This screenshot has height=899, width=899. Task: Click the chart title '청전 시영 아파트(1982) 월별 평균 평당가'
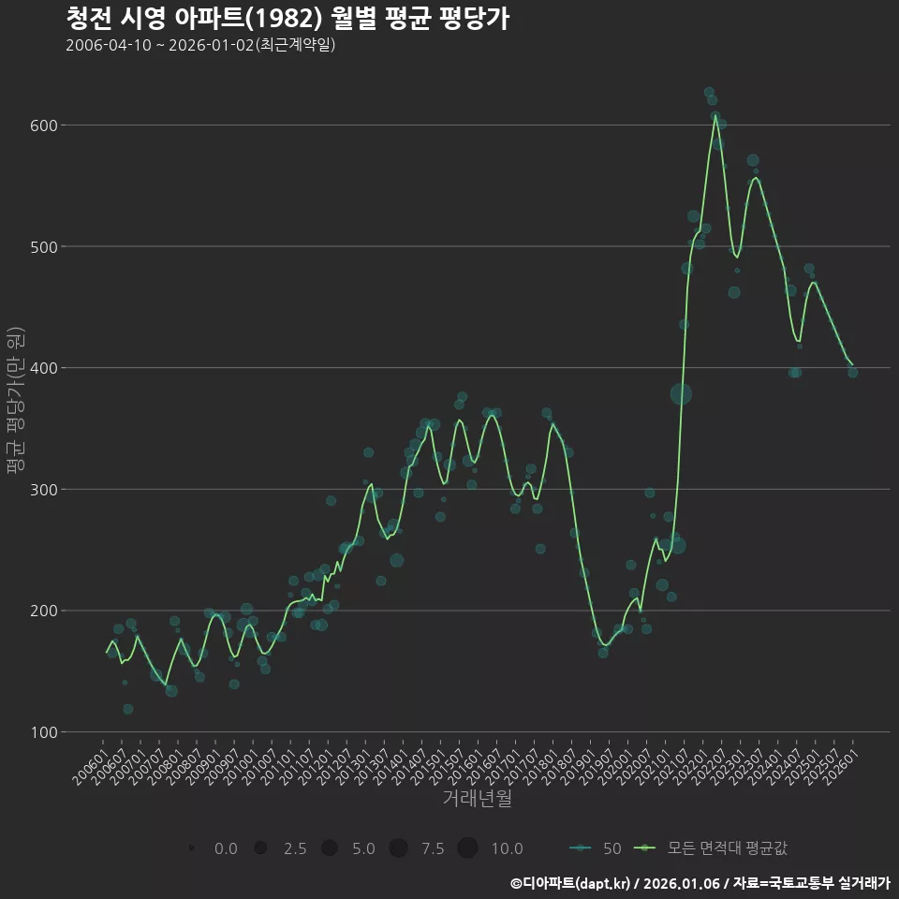pos(287,19)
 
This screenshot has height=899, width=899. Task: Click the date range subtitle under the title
pos(200,46)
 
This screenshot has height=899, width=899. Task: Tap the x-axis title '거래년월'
pos(477,799)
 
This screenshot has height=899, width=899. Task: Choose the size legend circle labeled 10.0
pos(467,848)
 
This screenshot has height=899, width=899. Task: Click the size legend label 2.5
pos(295,849)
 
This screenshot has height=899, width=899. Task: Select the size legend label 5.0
pos(363,849)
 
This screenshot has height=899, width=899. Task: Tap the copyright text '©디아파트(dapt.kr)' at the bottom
pos(571,883)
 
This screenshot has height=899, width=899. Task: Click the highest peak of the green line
pos(715,115)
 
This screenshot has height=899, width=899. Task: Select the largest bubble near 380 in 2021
pos(681,393)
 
